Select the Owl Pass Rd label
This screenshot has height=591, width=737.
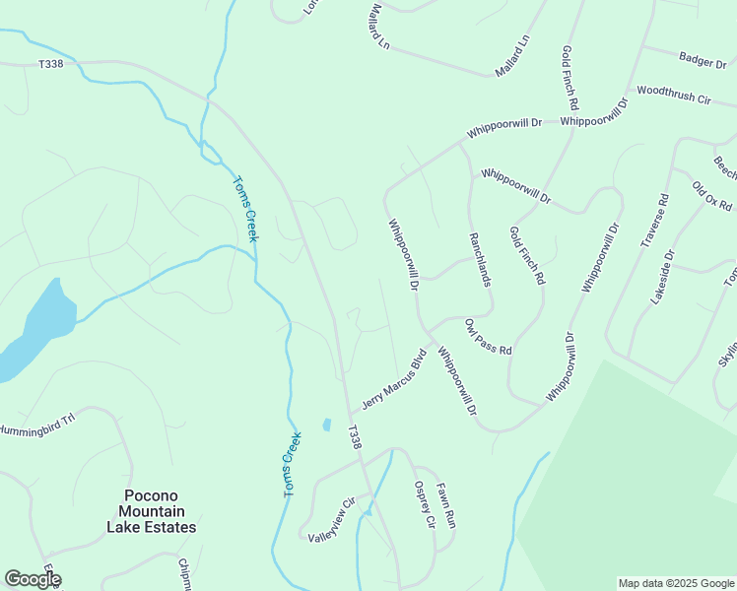pos(489,337)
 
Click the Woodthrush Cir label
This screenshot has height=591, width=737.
pos(674,95)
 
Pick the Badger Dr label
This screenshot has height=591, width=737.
pos(703,61)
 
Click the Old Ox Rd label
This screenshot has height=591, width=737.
pos(711,196)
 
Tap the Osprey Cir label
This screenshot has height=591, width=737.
pos(424,504)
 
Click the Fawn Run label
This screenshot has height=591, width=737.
pos(447,502)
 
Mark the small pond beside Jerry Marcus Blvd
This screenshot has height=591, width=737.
pos(326,425)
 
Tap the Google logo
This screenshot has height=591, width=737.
pos(32,579)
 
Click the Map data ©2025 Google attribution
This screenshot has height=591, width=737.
pos(676,583)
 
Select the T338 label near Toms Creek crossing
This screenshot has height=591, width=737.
pos(50,64)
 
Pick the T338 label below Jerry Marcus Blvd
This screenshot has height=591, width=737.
pos(354,437)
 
